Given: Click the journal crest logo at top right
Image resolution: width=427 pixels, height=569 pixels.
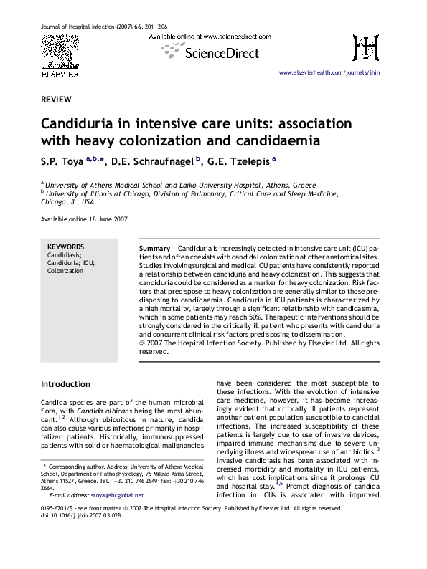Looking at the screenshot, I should click(x=366, y=48).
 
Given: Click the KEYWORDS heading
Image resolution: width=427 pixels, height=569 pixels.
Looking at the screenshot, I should click(x=65, y=247).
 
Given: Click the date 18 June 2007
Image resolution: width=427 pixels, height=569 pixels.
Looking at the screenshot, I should click(x=106, y=219).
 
